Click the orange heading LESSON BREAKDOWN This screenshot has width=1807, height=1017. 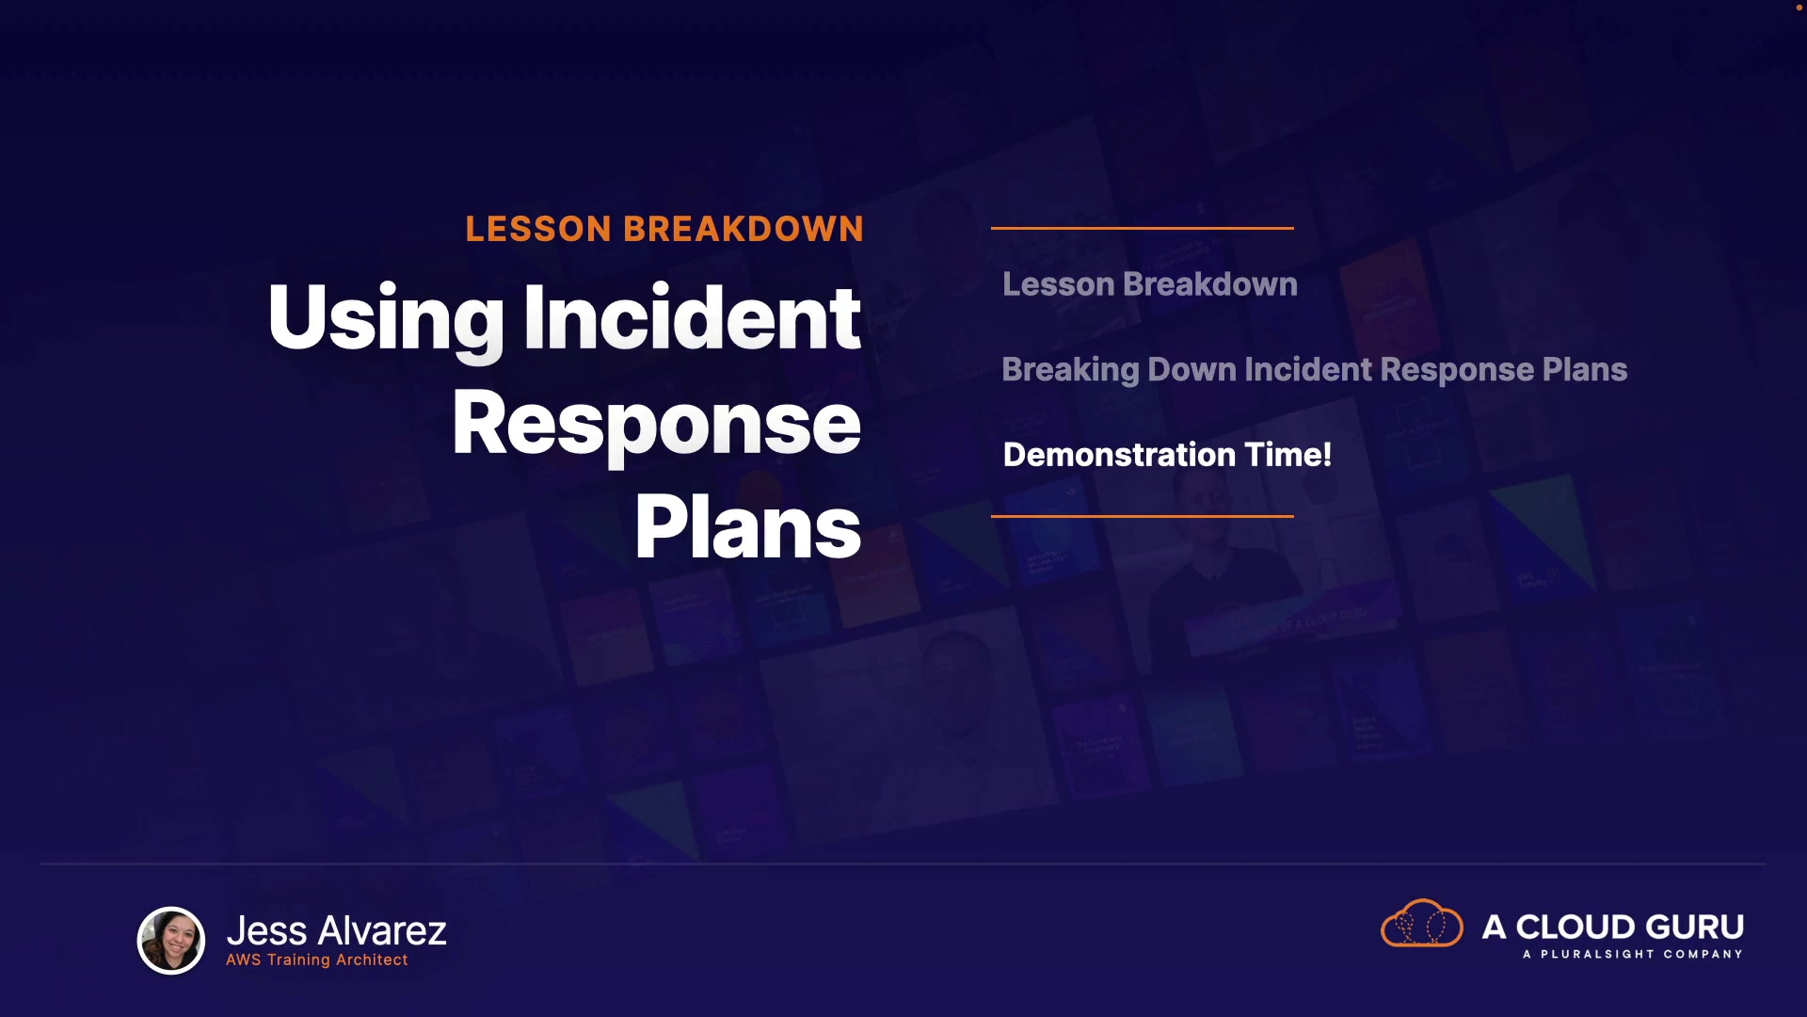click(x=664, y=229)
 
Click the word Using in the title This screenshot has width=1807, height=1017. click(x=387, y=320)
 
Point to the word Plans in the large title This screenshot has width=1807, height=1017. click(x=748, y=527)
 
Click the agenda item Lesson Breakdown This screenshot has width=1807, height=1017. click(x=1150, y=284)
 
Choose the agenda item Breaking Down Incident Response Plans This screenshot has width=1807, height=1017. click(x=1315, y=370)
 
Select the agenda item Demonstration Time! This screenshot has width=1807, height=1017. click(x=1167, y=455)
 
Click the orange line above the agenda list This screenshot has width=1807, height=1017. click(x=1143, y=228)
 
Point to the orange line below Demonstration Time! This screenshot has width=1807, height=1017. click(x=1143, y=516)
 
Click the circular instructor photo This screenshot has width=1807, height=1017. click(x=171, y=940)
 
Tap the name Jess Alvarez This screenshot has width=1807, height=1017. click(x=337, y=930)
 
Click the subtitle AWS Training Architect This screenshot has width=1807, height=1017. click(x=317, y=960)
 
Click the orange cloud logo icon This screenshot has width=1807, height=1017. click(x=1422, y=924)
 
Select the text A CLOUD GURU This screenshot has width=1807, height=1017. click(x=1613, y=927)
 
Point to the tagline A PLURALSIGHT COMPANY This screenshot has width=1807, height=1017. click(x=1633, y=954)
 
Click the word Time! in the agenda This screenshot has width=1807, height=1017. click(x=1288, y=455)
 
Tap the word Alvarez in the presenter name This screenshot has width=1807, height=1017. click(x=382, y=930)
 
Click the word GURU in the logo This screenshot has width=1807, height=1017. click(x=1693, y=927)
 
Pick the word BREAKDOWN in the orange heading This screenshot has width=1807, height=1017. click(x=744, y=229)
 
